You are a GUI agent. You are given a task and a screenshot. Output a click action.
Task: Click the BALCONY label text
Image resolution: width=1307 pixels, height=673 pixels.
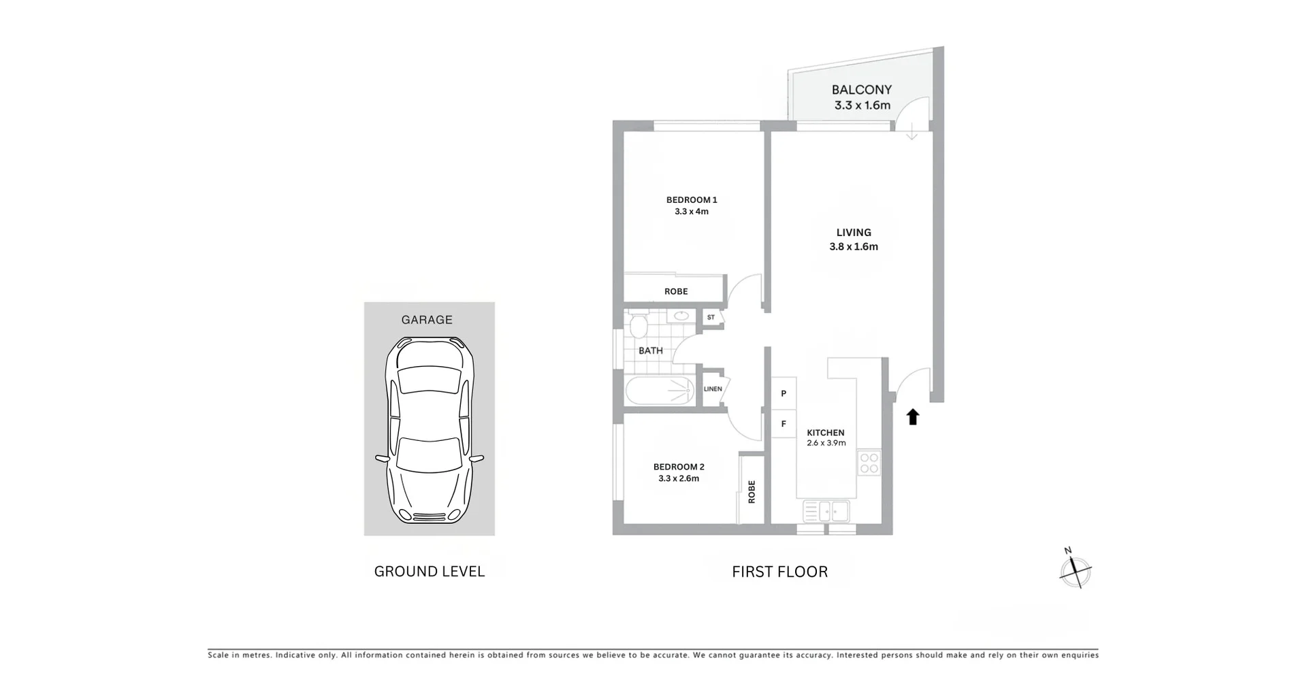(x=861, y=90)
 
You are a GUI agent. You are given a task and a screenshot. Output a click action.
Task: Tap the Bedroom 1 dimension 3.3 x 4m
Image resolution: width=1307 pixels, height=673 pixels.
(x=691, y=212)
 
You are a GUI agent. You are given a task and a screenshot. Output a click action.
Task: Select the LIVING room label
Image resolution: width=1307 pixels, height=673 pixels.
(x=854, y=233)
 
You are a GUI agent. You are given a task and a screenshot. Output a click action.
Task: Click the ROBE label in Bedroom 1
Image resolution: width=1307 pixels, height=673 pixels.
(x=676, y=291)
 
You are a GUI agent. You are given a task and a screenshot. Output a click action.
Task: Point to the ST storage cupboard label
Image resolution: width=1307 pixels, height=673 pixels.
(x=711, y=317)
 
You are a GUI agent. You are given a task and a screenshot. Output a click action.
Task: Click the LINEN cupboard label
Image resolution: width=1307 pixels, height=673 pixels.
(x=713, y=389)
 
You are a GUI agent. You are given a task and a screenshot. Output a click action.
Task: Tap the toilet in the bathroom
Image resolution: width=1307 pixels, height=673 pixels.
(x=638, y=326)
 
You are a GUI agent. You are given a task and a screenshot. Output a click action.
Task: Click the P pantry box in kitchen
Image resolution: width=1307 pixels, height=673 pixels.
(x=784, y=393)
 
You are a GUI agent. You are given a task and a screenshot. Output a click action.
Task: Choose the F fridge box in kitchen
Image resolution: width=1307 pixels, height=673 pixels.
(x=784, y=424)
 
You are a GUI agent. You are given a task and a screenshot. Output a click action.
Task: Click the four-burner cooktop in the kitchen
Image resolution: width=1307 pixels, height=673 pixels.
(x=869, y=463)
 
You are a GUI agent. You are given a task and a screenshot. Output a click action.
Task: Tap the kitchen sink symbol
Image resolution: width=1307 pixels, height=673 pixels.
(x=826, y=510)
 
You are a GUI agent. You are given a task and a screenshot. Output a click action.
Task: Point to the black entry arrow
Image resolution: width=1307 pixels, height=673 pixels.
(x=913, y=416)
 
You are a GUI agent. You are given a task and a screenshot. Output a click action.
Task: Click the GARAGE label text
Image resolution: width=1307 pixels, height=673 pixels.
(x=427, y=320)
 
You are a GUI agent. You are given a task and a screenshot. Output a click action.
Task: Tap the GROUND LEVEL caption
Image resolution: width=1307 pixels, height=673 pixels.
(x=430, y=572)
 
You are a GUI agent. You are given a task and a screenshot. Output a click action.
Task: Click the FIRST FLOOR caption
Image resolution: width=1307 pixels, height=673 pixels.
(x=779, y=572)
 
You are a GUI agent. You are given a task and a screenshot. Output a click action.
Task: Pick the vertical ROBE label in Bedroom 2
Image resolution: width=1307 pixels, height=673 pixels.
(x=752, y=491)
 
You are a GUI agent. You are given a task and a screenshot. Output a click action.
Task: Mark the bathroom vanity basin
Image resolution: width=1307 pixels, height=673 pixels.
(x=681, y=316)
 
